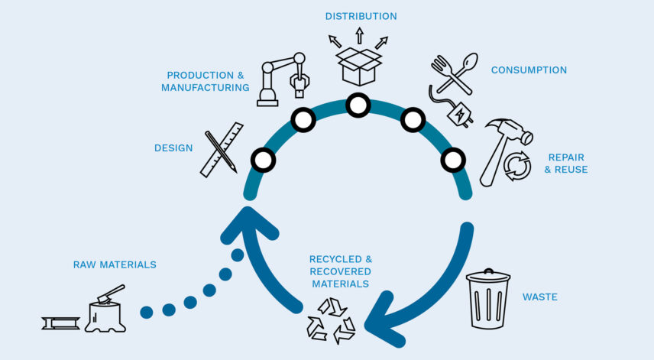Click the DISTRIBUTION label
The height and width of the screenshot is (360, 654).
(361, 16)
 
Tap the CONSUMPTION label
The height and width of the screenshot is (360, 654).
(529, 70)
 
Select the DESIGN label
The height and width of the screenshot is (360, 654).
(173, 148)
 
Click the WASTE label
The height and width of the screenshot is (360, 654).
(539, 297)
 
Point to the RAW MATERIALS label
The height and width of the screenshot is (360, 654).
(115, 264)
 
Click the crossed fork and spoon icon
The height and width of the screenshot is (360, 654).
(454, 74)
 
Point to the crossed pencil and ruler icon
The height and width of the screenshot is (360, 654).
(222, 149)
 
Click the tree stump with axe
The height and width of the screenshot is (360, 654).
(105, 310)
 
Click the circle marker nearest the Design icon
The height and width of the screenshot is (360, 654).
(263, 160)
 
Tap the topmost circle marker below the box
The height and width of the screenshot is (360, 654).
(358, 105)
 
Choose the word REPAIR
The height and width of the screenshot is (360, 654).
(566, 157)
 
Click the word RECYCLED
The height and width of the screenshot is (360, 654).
(336, 259)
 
